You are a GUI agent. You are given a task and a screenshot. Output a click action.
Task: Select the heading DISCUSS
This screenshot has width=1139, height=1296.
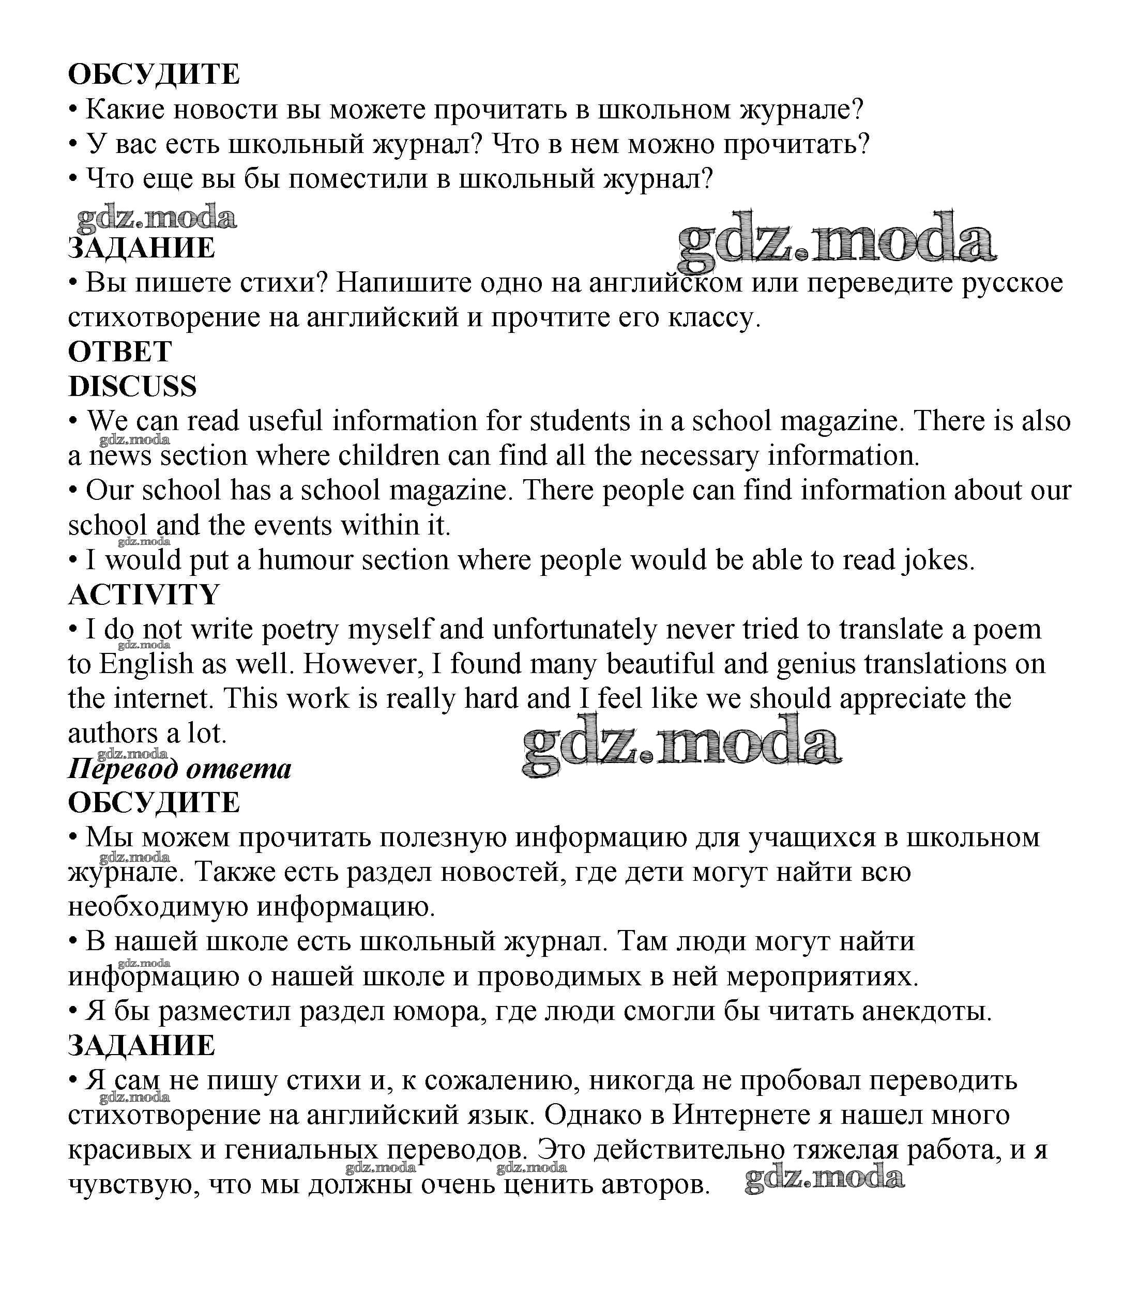point(132,387)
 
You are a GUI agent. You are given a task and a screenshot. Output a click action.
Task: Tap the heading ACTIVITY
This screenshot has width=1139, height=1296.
point(144,594)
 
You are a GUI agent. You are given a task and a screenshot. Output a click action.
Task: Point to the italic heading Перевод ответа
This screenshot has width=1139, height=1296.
point(179,769)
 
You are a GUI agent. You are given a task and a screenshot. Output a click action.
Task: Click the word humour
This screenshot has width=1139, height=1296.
point(305,560)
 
